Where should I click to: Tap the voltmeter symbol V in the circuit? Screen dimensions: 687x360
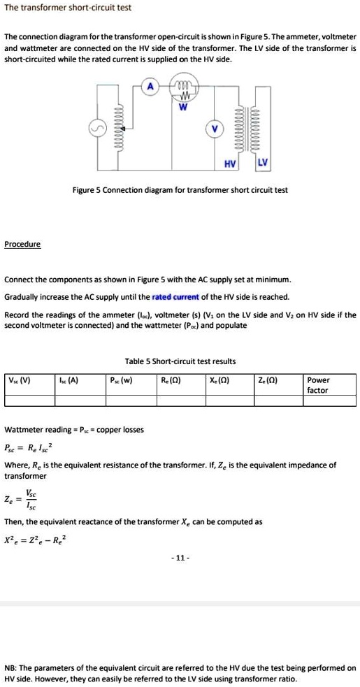coord(215,129)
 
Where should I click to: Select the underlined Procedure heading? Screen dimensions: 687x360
coord(22,244)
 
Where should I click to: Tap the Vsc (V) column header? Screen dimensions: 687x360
coord(19,380)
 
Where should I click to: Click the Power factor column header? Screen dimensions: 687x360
coord(319,385)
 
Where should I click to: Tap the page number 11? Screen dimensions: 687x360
coord(180,558)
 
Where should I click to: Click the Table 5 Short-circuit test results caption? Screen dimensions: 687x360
coord(180,361)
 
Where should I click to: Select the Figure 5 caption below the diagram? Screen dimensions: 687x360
coord(180,190)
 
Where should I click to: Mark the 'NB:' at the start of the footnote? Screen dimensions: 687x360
coord(11,668)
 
